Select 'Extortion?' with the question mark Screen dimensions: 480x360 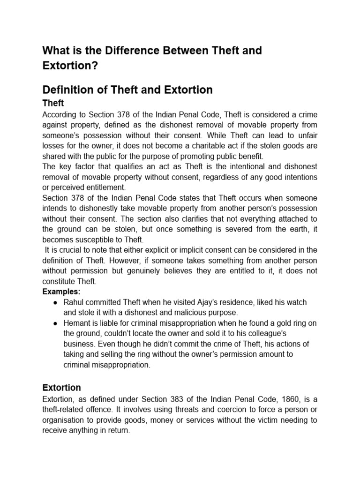click(x=70, y=66)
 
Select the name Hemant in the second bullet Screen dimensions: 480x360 click(x=78, y=323)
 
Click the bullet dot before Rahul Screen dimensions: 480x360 click(x=56, y=302)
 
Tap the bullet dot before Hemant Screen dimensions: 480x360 click(x=56, y=323)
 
